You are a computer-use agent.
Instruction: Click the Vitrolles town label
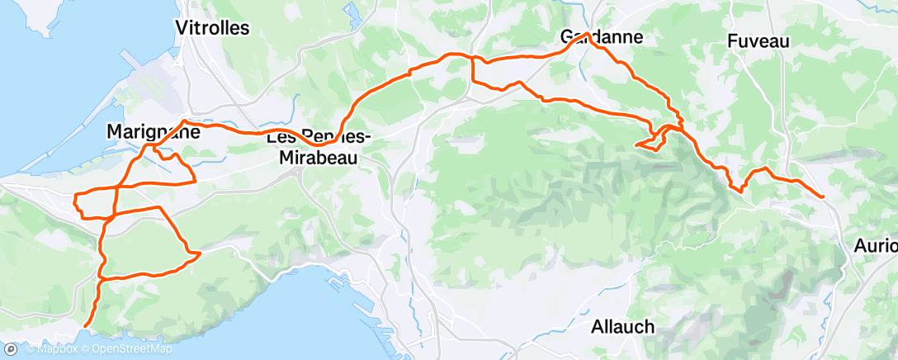[212, 27]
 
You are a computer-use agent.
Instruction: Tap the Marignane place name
[154, 131]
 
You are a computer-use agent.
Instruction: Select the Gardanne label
[601, 37]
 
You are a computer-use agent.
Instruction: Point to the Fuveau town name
[759, 40]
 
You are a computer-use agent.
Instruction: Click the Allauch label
[623, 326]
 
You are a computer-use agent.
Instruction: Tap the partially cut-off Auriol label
[876, 245]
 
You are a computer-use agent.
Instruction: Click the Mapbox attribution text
[51, 350]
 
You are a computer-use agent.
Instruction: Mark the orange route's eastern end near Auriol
[823, 196]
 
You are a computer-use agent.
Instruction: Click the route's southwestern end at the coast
[85, 327]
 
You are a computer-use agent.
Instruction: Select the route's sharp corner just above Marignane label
[183, 122]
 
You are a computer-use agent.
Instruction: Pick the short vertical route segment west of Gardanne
[471, 70]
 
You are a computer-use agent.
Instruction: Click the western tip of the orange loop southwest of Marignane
[75, 198]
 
